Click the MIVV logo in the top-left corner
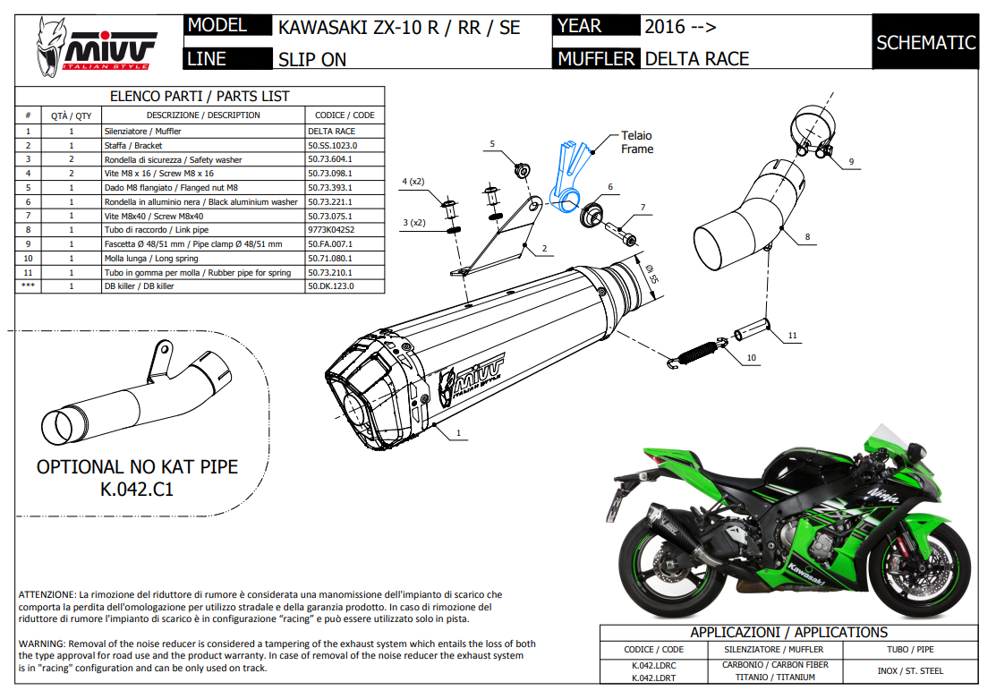(95, 46)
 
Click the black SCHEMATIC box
(925, 42)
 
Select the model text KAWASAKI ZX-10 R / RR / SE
(399, 27)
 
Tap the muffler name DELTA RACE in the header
(696, 59)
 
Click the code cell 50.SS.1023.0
(332, 145)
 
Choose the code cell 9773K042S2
(330, 230)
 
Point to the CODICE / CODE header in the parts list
(345, 115)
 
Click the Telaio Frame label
(637, 142)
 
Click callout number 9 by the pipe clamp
(851, 161)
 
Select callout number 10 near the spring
(751, 358)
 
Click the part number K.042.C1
(137, 490)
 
